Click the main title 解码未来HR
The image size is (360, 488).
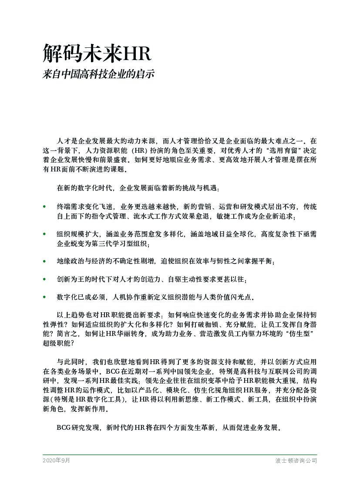[x=97, y=53]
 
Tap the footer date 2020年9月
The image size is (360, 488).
[x=56, y=460]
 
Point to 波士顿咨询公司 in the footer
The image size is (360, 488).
[x=296, y=460]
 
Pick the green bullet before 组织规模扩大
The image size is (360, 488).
[x=44, y=234]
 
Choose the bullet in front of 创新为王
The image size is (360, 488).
[x=44, y=279]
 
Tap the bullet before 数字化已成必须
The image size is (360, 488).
[x=44, y=297]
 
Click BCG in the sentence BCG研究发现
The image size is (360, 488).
[x=64, y=428]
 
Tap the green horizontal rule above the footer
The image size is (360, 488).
[x=180, y=455]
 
